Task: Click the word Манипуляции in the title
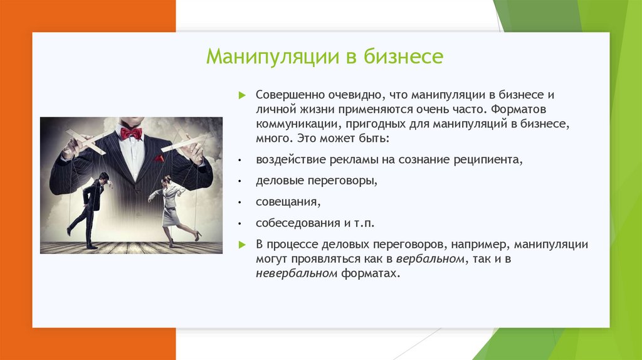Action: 273,56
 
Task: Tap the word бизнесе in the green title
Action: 403,56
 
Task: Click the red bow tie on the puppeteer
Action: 132,133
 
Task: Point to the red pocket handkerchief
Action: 159,158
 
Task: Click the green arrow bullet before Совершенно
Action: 242,95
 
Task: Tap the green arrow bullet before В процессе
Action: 242,245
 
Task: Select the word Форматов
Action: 518,109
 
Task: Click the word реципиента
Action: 488,160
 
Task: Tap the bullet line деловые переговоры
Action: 317,181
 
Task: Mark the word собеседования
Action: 298,223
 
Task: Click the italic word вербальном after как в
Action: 430,259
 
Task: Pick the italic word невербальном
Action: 297,273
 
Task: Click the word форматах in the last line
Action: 370,273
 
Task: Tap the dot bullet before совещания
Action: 240,203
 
